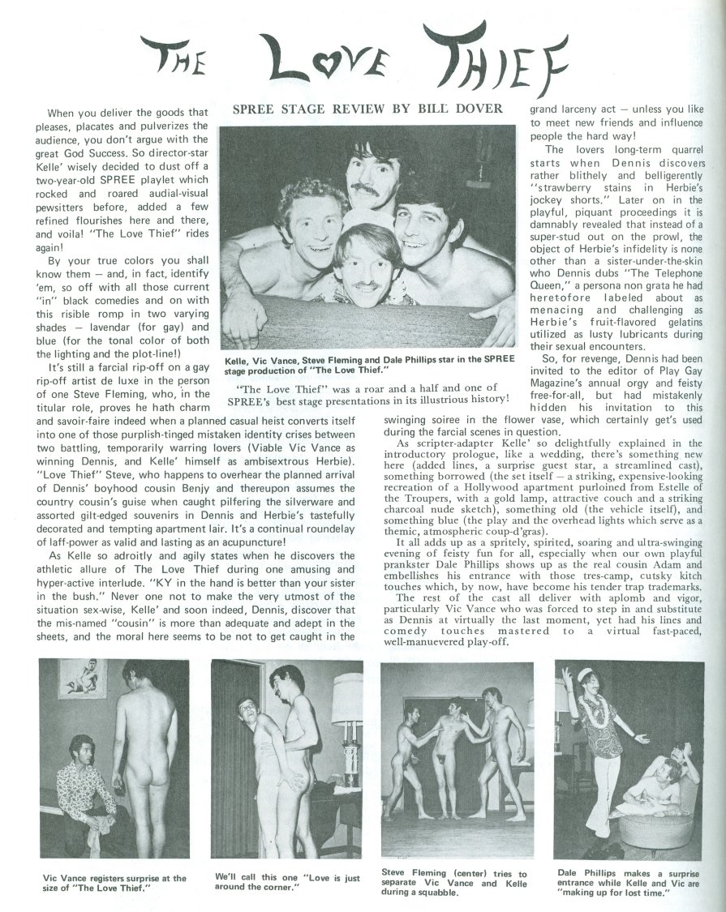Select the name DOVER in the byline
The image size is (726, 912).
click(x=478, y=108)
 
